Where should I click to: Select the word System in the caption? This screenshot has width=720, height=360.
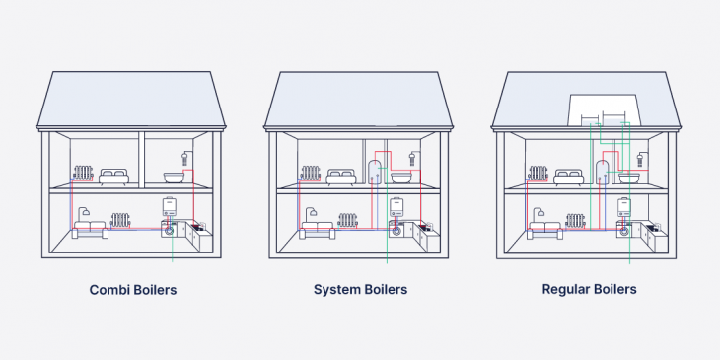click(334, 290)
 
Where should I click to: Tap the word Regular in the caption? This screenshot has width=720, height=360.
click(565, 290)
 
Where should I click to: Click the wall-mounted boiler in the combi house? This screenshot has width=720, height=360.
click(170, 207)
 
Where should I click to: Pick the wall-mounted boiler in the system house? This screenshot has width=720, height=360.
click(396, 207)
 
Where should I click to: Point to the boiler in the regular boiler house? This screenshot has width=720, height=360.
click(624, 207)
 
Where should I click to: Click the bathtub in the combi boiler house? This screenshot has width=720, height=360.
click(175, 179)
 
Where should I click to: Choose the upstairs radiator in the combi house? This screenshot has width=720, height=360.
click(83, 174)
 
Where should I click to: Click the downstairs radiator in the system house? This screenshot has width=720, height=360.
click(346, 219)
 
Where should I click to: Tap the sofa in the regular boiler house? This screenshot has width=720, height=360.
click(545, 228)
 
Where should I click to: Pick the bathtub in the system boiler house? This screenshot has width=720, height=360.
click(401, 179)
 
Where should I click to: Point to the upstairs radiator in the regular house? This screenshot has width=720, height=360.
click(539, 174)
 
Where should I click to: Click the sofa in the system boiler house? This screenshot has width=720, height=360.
click(318, 228)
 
